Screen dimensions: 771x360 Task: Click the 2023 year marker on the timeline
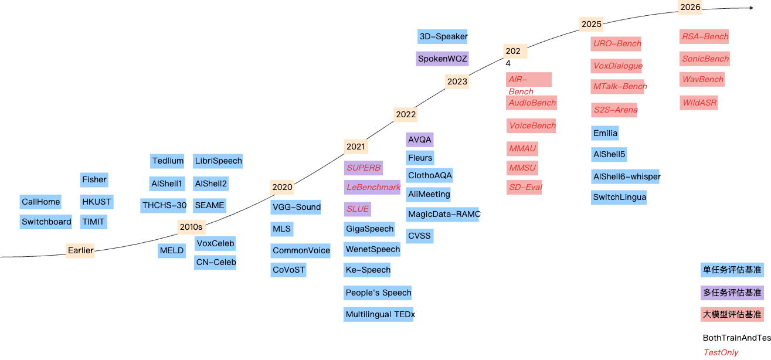tap(457, 81)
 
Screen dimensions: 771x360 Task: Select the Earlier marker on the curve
tap(80, 250)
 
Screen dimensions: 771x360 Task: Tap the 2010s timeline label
tap(191, 227)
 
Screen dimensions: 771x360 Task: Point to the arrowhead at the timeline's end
tap(752, 8)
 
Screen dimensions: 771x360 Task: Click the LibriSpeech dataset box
tap(218, 161)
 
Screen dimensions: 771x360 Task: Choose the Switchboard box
tap(46, 222)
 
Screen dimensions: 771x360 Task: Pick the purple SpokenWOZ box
tap(442, 59)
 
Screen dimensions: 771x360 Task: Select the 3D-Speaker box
tap(443, 36)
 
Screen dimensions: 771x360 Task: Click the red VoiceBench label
tap(531, 125)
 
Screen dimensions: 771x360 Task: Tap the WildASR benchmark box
tap(699, 103)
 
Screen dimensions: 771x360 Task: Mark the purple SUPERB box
tap(364, 168)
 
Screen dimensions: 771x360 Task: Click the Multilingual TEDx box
tap(379, 314)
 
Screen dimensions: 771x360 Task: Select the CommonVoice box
tap(300, 250)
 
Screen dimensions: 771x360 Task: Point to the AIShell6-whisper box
tap(626, 176)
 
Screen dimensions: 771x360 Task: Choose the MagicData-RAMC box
tap(443, 214)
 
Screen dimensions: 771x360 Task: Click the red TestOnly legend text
tap(721, 352)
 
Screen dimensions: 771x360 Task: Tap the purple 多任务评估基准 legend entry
tap(732, 293)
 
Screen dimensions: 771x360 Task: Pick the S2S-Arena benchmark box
tap(614, 110)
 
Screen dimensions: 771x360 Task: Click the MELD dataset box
tap(172, 250)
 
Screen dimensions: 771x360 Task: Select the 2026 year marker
tap(690, 7)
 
